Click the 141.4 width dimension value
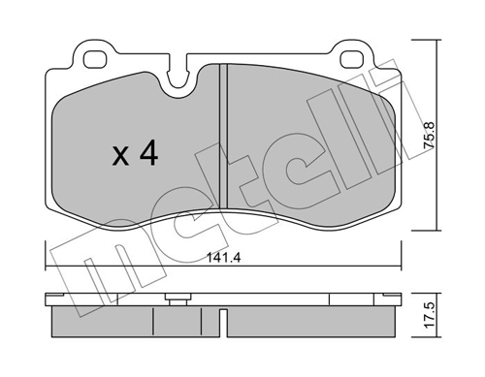[224, 258]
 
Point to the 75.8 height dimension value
[430, 135]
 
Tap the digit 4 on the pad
[148, 154]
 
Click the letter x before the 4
[120, 158]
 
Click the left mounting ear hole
[95, 59]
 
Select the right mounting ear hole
[351, 59]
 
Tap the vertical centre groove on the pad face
[223, 136]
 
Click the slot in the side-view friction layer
[223, 323]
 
